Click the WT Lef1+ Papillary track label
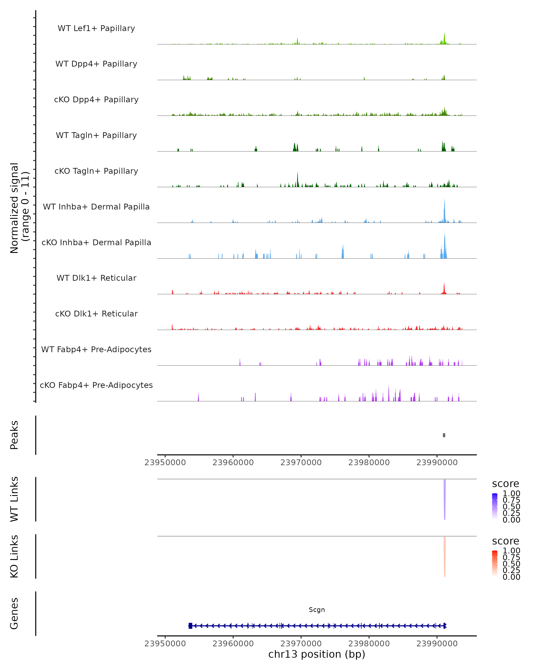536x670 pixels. [x=96, y=28]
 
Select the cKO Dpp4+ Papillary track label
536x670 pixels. [x=96, y=99]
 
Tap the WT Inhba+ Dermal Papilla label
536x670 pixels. [x=96, y=207]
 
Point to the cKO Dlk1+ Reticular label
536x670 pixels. [x=96, y=314]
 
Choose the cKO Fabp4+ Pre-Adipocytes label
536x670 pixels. [x=96, y=385]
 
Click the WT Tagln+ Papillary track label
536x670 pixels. [x=96, y=135]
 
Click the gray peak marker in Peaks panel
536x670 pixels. [x=444, y=435]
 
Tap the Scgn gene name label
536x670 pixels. [x=317, y=610]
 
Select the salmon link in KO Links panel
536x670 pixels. [x=445, y=556]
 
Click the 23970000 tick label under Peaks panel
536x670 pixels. [x=301, y=463]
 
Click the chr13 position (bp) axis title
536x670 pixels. [x=317, y=654]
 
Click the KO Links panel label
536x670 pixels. [x=14, y=556]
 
